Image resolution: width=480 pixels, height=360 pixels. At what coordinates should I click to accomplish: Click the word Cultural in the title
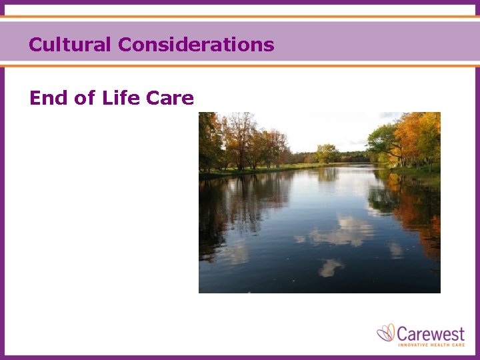coord(71,45)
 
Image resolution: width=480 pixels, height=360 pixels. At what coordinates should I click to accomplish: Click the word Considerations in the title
coord(196,45)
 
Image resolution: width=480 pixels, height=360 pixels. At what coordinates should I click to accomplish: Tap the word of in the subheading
coord(85,99)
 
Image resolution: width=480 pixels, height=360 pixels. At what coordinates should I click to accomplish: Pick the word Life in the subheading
coord(121,99)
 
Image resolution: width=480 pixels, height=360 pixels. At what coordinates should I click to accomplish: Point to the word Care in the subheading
coord(169,99)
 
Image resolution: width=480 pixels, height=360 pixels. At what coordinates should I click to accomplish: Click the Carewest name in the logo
coord(431,332)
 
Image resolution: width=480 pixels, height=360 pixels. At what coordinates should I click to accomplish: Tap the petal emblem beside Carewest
coord(386,332)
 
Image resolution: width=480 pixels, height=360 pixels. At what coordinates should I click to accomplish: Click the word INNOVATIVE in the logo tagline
coord(414,345)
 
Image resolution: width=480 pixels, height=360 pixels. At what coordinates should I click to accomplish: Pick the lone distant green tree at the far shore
coord(326,153)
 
